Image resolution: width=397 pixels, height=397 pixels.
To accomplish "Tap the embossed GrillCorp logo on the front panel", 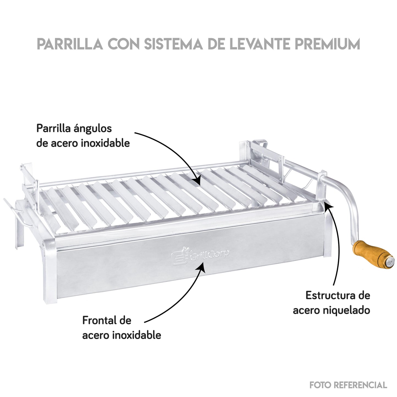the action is [x=200, y=255].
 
